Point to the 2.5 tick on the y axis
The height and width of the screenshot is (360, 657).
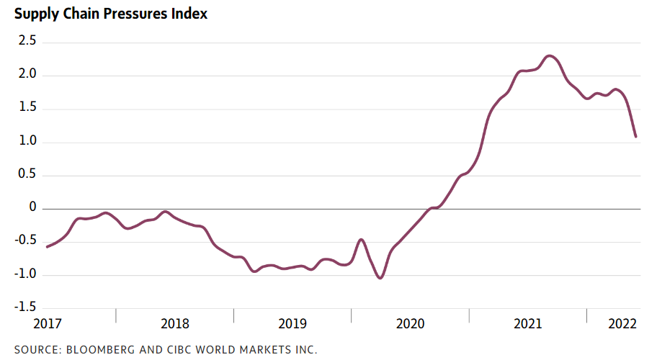27,42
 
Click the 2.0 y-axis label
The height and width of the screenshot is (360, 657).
27,75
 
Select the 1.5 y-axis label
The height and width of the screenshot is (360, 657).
27,109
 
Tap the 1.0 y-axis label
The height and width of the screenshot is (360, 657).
27,142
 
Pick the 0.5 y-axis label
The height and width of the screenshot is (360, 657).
27,175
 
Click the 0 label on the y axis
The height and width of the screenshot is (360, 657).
32,208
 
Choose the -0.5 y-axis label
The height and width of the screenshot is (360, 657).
25,242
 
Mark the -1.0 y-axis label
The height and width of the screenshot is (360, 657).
25,275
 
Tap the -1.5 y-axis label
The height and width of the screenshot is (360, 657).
25,308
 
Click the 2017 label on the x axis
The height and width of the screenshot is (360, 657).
48,324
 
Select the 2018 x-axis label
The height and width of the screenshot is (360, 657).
175,324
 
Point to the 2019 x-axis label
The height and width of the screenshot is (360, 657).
292,324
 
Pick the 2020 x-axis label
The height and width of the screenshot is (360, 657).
411,324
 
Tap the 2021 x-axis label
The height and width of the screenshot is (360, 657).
528,324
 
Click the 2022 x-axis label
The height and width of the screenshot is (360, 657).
622,324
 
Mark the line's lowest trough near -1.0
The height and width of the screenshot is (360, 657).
380,278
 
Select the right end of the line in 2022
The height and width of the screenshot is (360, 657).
635,136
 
